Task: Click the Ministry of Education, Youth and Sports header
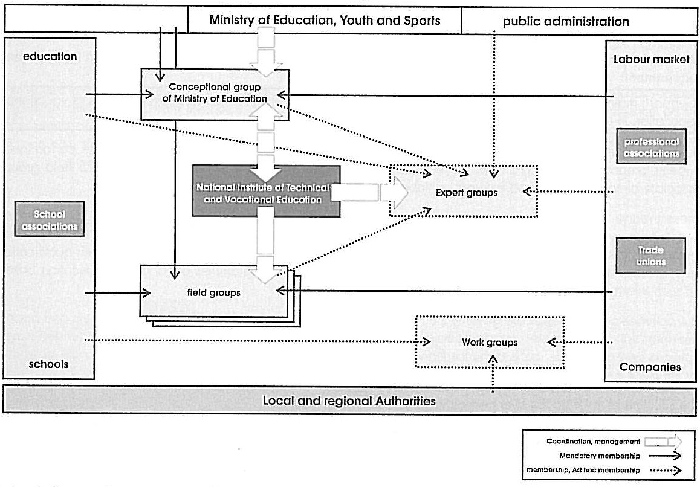pos(325,21)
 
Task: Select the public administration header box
pos(566,22)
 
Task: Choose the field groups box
pos(213,292)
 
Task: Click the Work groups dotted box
pos(489,342)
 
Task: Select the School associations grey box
pos(50,220)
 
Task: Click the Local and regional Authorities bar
pos(349,401)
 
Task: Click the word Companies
pos(650,367)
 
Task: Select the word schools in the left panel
pos(48,364)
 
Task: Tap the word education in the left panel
pos(50,57)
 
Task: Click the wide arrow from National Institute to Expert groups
pos(370,193)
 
